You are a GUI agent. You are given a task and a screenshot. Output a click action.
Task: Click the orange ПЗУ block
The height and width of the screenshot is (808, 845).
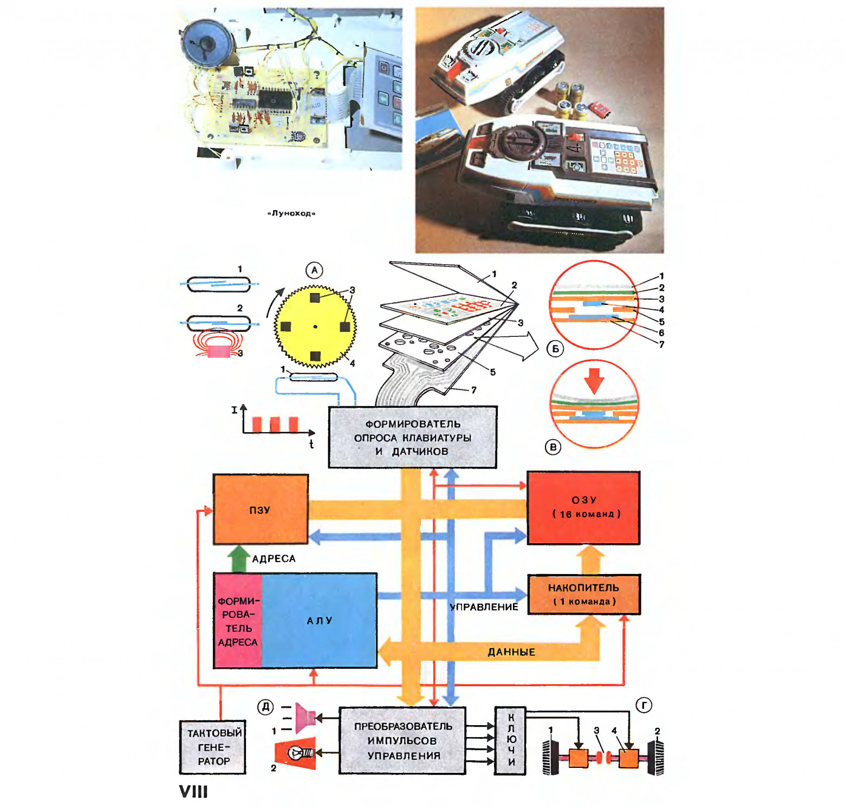coord(261,509)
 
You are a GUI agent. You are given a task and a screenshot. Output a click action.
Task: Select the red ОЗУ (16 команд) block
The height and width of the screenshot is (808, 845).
coord(583,507)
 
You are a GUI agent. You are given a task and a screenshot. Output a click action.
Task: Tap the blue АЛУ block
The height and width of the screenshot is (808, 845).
coord(320,621)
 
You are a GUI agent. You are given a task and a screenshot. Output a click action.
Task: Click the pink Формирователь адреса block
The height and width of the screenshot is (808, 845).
coord(238,621)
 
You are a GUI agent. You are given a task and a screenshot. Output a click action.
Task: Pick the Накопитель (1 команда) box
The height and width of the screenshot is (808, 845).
coord(583,594)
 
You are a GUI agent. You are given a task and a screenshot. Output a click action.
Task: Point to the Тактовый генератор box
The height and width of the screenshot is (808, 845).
coord(213,747)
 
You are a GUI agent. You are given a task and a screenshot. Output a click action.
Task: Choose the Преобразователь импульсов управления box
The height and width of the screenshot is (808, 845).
coord(402,740)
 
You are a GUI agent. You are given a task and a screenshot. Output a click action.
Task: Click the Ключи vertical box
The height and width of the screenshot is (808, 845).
coord(510,740)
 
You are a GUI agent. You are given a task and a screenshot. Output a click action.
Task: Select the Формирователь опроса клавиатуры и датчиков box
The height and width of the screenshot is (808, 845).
coord(412,437)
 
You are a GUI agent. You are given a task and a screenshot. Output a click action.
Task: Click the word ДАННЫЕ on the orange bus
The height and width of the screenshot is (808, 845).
coord(511,652)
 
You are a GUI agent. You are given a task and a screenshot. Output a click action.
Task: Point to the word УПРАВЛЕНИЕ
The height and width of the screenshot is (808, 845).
coord(484,607)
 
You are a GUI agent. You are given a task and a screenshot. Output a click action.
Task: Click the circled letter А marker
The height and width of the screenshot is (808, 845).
coord(314,270)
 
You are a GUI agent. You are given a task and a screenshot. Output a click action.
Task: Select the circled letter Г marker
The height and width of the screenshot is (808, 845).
coord(643,705)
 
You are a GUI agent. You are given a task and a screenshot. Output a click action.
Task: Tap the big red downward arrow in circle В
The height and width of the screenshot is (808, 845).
coord(594,380)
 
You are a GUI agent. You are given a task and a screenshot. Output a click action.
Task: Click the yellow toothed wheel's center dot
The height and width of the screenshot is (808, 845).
coord(315,327)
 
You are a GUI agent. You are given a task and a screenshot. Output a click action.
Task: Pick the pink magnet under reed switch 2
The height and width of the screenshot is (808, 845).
coord(219,351)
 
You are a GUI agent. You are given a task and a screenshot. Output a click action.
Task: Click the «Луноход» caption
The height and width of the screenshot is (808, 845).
coord(291,213)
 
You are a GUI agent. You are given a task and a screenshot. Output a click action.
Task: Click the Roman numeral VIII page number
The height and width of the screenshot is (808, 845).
coord(193,792)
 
